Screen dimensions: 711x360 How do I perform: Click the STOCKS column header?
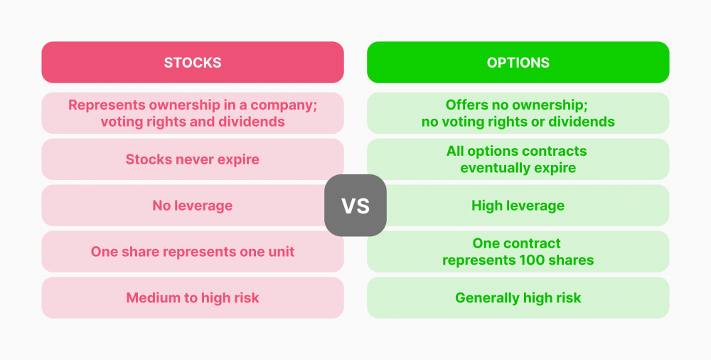pyautogui.click(x=193, y=62)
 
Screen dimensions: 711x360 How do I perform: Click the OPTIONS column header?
pyautogui.click(x=518, y=62)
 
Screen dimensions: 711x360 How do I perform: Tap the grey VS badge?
pyautogui.click(x=355, y=205)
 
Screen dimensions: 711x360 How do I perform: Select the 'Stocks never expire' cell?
pyautogui.click(x=193, y=159)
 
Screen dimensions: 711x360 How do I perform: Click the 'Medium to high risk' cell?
pyautogui.click(x=193, y=298)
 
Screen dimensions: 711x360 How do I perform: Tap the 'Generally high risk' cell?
pyautogui.click(x=518, y=298)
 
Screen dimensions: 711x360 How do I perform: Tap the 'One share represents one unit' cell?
pyautogui.click(x=193, y=251)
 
